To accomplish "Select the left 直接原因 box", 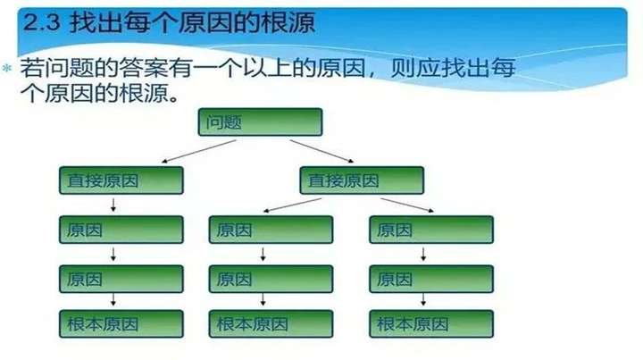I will coord(121,181).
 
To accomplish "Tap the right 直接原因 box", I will coord(362,181).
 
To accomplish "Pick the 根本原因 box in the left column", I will coord(121,323).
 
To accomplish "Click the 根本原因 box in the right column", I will coord(431,323).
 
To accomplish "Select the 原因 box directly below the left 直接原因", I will coord(121,230).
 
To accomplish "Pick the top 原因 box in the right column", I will coord(431,230).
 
